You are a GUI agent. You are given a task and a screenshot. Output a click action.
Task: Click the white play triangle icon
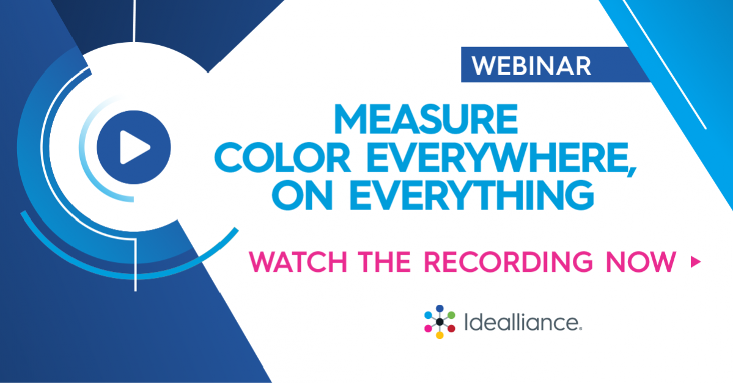coord(134,147)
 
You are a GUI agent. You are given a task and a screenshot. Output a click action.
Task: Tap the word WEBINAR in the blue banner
coord(532,66)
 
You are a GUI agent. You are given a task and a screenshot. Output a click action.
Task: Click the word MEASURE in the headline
coord(425,119)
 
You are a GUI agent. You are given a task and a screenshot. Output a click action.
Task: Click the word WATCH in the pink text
coord(298,261)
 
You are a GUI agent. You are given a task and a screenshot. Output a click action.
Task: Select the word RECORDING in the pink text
coord(508,261)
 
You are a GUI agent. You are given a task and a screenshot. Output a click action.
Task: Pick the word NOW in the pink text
coord(641,261)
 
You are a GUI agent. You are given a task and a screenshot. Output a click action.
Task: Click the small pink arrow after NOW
coord(696,262)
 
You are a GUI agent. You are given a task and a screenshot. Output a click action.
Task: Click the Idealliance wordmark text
coord(523,322)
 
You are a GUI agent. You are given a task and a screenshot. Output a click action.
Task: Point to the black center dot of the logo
coord(440,322)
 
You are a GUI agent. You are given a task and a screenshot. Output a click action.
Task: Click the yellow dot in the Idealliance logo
coord(440,335)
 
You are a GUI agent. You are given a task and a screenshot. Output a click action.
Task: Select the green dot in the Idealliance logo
coord(451,315)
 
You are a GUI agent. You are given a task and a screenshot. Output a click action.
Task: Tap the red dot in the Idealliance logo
coord(451,329)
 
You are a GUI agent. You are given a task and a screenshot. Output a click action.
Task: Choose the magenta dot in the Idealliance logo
coord(428,329)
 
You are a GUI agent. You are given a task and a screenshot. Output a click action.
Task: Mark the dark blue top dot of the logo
coord(440,308)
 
